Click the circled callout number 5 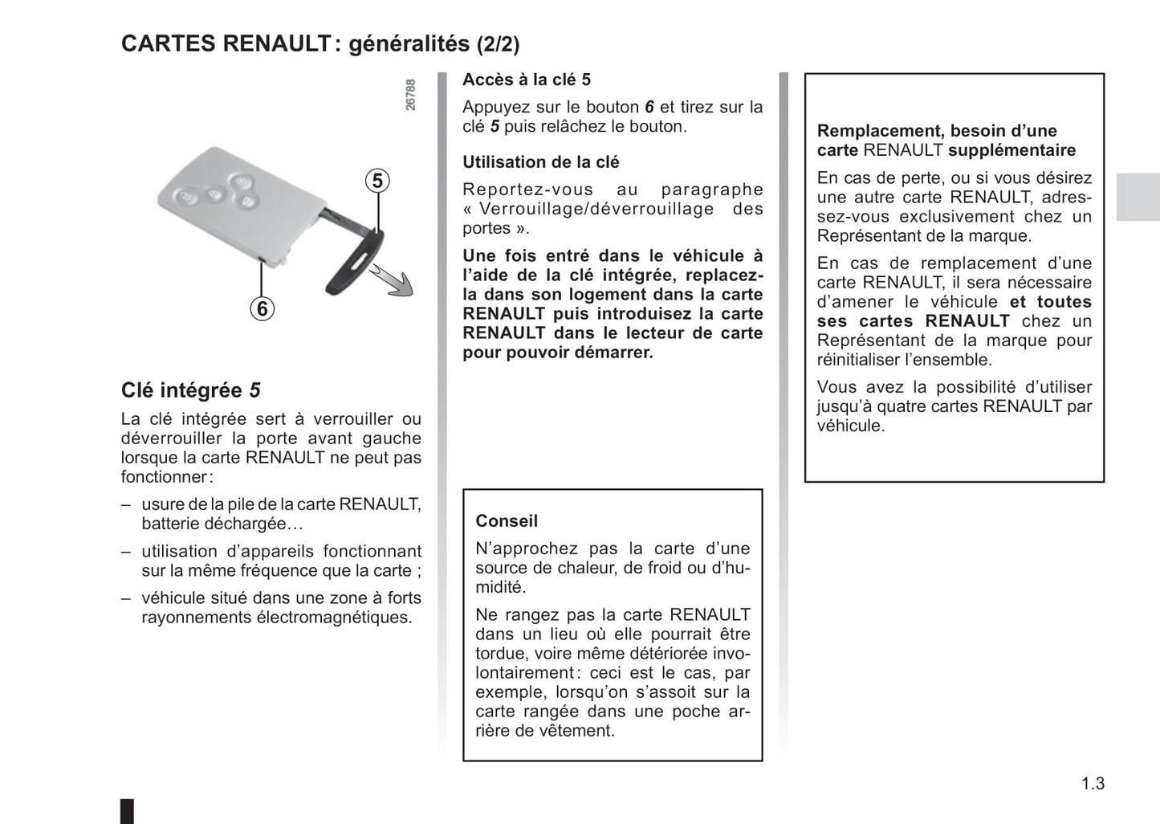pyautogui.click(x=377, y=181)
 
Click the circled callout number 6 pyautogui.click(x=262, y=308)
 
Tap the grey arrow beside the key pyautogui.click(x=393, y=282)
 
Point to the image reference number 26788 pyautogui.click(x=410, y=95)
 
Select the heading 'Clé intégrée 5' pyautogui.click(x=191, y=390)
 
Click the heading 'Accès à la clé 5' pyautogui.click(x=527, y=80)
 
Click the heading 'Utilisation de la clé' pyautogui.click(x=540, y=162)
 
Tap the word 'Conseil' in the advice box pyautogui.click(x=507, y=521)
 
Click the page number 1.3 pyautogui.click(x=1093, y=784)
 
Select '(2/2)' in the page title pyautogui.click(x=498, y=44)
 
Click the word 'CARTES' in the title pyautogui.click(x=168, y=43)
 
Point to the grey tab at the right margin pyautogui.click(x=1138, y=197)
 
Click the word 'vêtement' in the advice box pyautogui.click(x=576, y=731)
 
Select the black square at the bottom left pyautogui.click(x=128, y=810)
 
